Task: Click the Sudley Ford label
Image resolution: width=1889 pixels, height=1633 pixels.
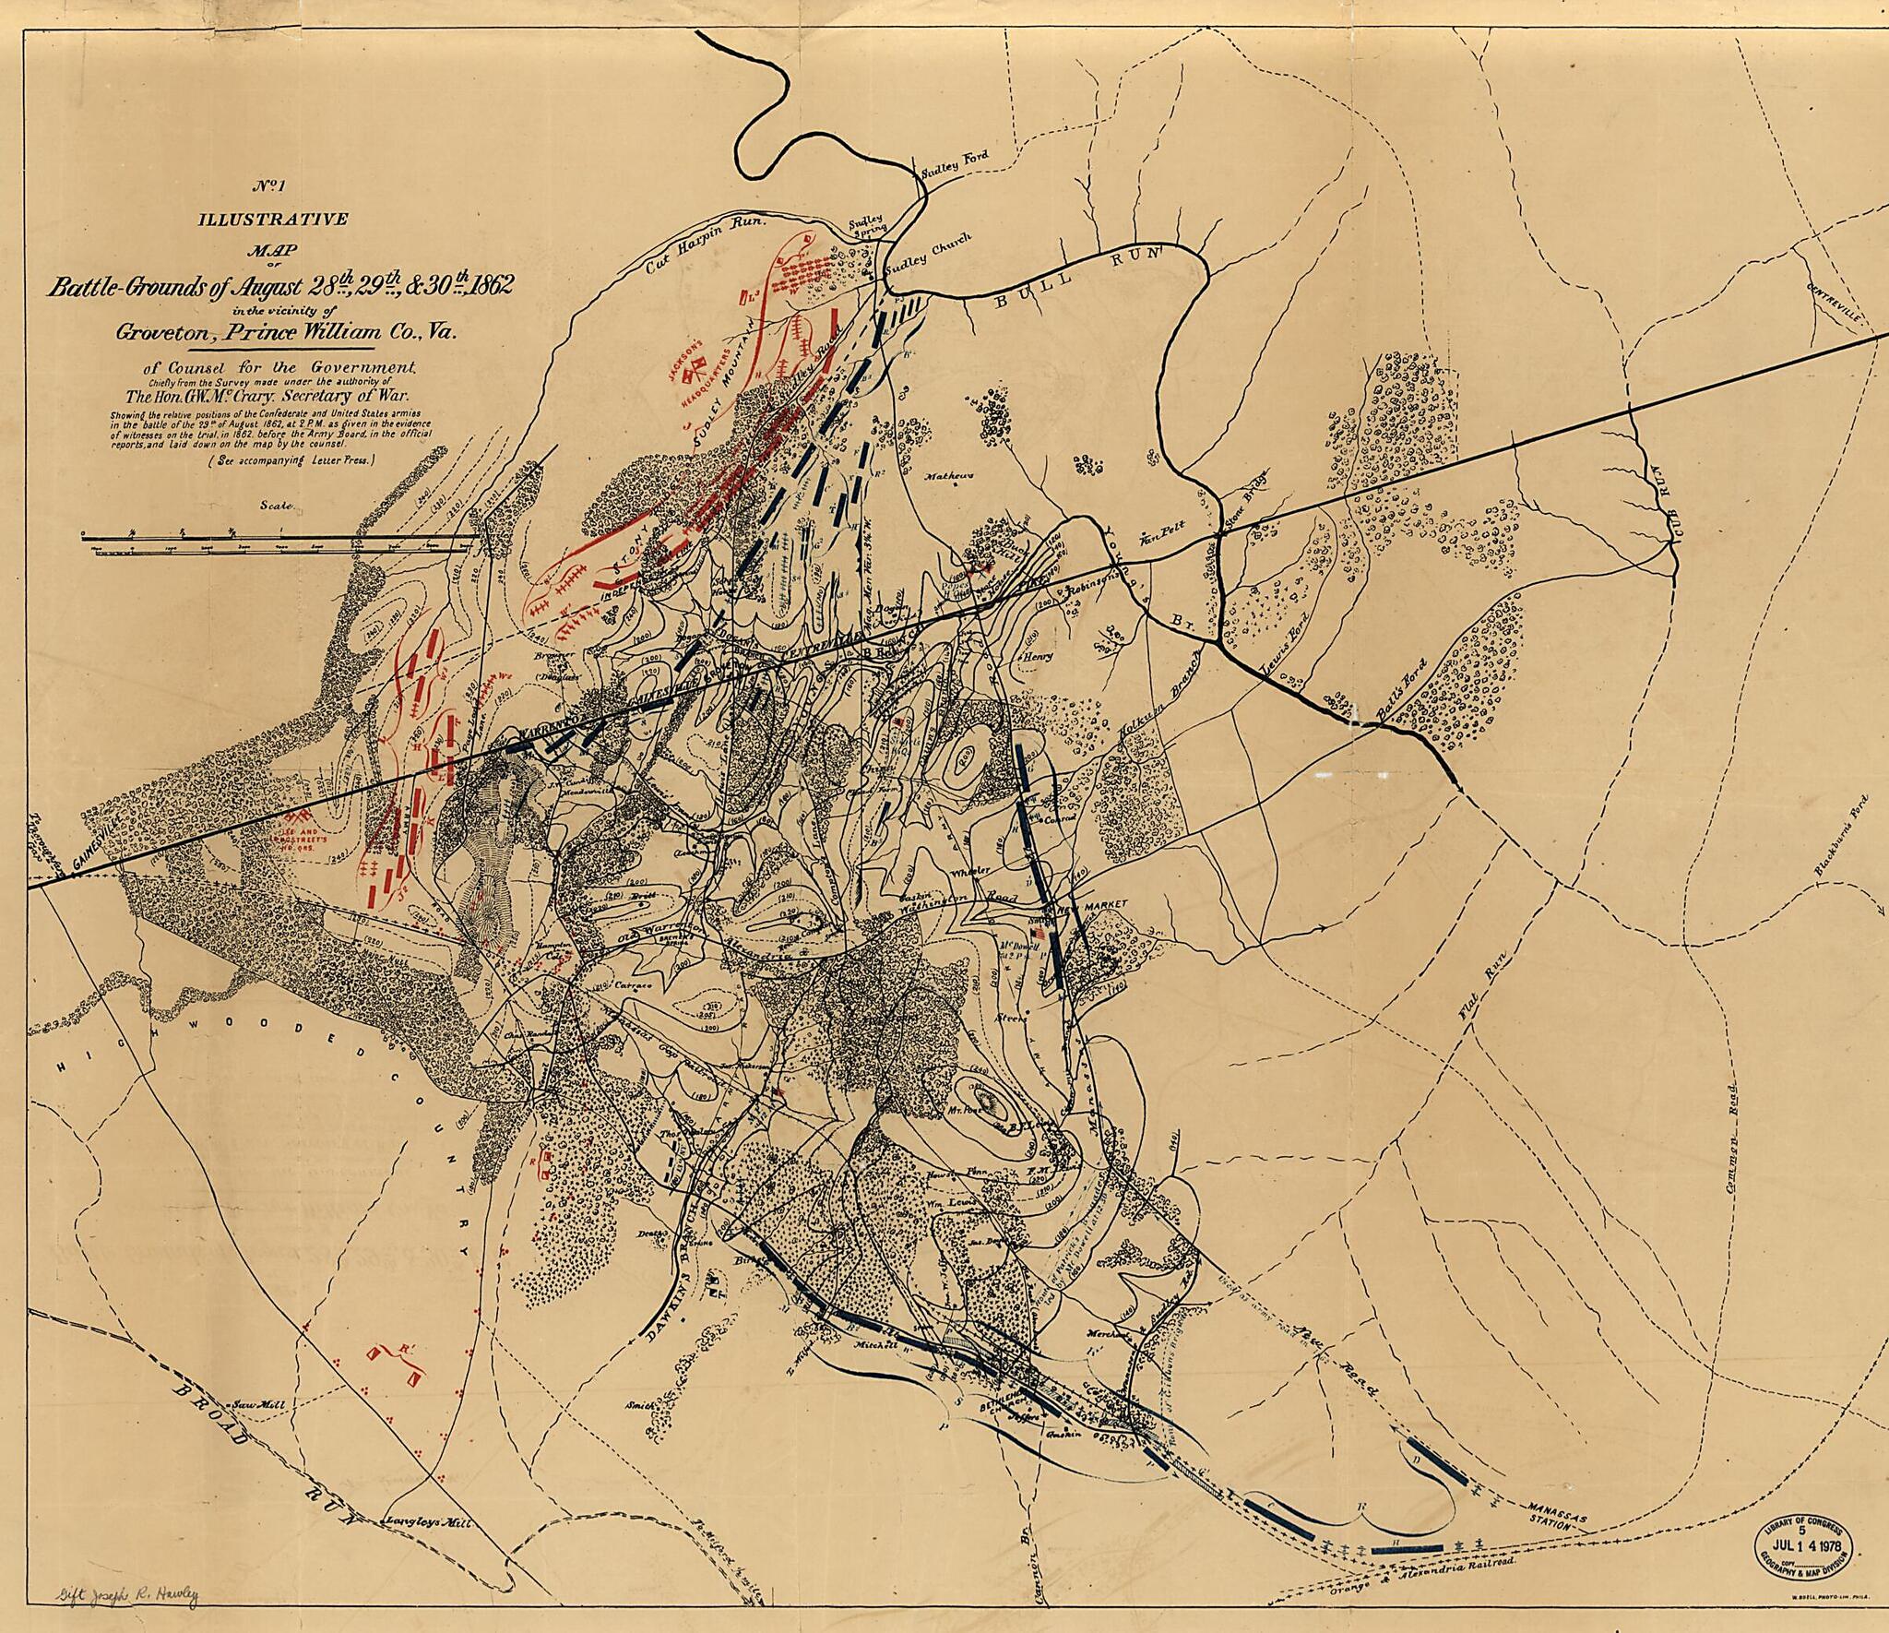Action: [x=955, y=157]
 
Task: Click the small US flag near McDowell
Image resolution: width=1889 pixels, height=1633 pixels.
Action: [x=1041, y=934]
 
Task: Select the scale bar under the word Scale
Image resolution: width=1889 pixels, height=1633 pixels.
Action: [x=277, y=542]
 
